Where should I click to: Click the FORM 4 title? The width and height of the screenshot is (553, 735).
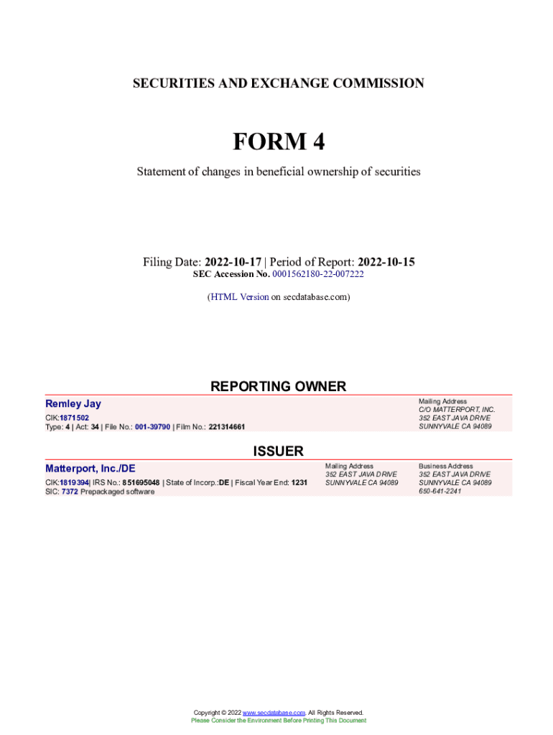(x=278, y=142)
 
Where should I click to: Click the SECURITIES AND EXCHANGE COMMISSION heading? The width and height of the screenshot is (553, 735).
(x=278, y=83)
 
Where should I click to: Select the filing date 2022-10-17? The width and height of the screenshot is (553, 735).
(x=233, y=262)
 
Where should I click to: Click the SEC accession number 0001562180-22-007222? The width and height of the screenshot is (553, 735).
(x=318, y=274)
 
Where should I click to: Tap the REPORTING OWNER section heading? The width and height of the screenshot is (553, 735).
(x=278, y=386)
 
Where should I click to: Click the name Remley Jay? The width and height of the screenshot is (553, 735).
(x=73, y=404)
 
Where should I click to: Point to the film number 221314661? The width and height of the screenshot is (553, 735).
(x=227, y=426)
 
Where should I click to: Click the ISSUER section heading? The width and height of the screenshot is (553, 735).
(x=278, y=451)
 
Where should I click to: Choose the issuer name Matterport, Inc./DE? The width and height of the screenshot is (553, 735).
(x=90, y=469)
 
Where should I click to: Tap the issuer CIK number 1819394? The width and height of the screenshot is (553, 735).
(x=74, y=482)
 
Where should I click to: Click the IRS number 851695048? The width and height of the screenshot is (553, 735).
(x=141, y=482)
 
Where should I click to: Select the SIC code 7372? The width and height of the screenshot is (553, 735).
(x=70, y=492)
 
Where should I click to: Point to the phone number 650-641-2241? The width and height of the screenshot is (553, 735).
(x=440, y=492)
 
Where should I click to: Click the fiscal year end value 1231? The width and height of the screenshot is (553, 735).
(x=299, y=482)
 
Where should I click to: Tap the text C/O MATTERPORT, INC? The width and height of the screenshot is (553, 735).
(x=457, y=410)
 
